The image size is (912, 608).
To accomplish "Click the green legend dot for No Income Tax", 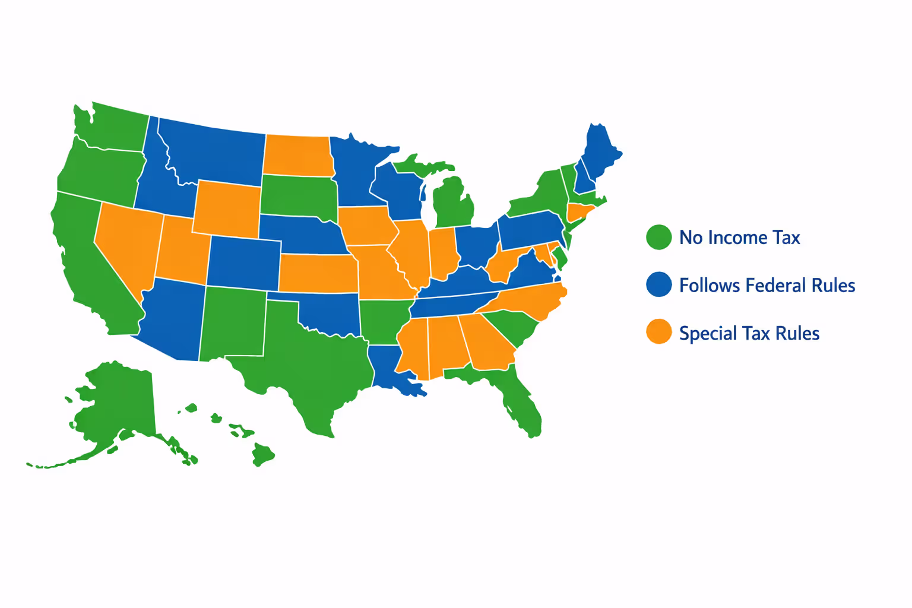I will pos(658,237).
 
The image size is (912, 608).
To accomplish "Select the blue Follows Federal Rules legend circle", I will pos(658,285).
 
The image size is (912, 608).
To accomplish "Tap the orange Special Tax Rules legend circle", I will pos(658,332).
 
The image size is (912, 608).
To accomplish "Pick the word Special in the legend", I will pos(707,333).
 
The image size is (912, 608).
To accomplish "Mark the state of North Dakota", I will pos(297,156).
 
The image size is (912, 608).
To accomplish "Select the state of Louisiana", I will pos(389,368).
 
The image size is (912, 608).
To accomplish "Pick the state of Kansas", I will pos(318,273).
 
